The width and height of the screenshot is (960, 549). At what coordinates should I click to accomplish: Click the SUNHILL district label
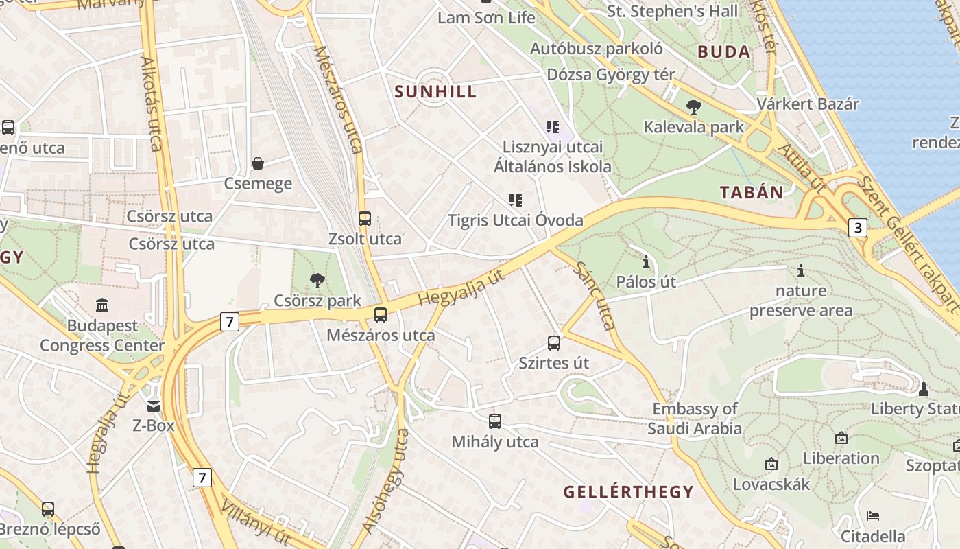tap(435, 92)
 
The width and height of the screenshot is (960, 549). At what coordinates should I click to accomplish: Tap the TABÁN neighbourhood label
tap(752, 192)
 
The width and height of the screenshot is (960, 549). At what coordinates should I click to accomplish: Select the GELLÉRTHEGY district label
tap(628, 492)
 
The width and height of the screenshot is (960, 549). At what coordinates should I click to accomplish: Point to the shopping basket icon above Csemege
tap(258, 163)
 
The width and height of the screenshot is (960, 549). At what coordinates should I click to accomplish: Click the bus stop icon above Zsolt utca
tap(365, 219)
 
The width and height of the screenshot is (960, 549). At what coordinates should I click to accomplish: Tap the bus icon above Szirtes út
tap(554, 342)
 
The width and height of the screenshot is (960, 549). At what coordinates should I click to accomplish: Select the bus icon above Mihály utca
tap(495, 421)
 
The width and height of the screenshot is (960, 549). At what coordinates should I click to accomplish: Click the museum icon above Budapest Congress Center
tap(102, 305)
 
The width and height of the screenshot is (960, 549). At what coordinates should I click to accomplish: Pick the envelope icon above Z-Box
tap(154, 406)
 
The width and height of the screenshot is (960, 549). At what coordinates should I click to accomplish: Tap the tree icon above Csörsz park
tap(317, 279)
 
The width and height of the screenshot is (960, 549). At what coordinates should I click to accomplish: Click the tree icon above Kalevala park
tap(693, 106)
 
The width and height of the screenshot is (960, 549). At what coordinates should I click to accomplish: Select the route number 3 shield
tap(857, 227)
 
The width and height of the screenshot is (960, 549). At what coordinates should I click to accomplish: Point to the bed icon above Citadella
tap(873, 515)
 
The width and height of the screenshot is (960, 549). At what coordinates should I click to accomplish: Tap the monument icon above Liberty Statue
tap(923, 389)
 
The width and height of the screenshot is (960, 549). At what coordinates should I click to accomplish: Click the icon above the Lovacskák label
tap(771, 465)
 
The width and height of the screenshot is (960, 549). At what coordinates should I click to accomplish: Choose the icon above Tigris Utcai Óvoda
tap(515, 200)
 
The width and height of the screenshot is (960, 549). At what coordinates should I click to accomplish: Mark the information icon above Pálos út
tap(645, 261)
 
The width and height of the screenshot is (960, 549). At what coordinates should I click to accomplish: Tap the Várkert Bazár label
tap(808, 104)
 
